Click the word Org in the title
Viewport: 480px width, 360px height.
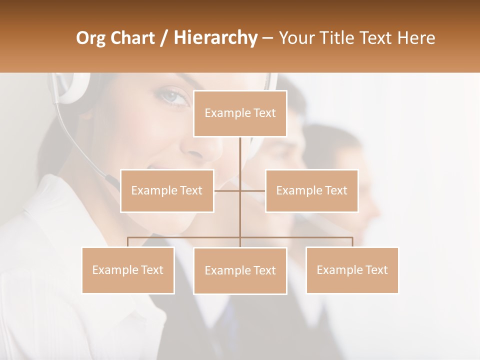(91, 38)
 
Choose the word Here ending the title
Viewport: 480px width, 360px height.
(415, 38)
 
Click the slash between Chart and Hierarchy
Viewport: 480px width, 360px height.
(164, 38)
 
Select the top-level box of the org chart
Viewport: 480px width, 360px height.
(240, 113)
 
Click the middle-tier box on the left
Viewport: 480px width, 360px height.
(167, 190)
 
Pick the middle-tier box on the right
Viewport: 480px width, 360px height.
(311, 190)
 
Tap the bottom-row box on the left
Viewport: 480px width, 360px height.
(128, 270)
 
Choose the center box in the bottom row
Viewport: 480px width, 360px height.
(240, 270)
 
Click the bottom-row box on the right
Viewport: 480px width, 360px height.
(352, 270)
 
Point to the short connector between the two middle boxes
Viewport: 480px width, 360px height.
(240, 190)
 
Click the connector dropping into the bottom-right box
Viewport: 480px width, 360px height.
(352, 242)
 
